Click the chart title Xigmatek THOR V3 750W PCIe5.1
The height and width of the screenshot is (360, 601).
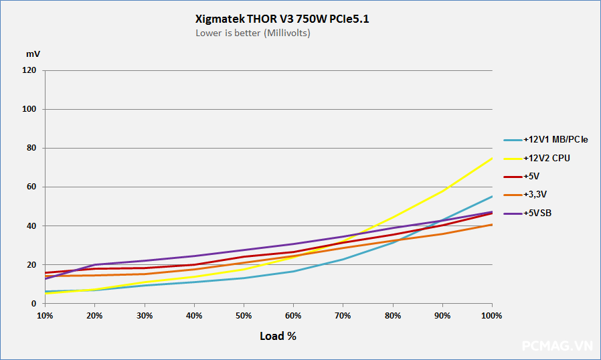click(x=282, y=19)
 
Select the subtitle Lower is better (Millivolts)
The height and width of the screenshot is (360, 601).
click(x=252, y=33)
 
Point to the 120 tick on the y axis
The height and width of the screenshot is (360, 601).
click(x=29, y=70)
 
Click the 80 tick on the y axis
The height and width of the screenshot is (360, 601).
click(x=31, y=148)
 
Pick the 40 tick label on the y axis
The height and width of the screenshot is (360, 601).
click(x=31, y=226)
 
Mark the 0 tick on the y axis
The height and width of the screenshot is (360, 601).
click(x=33, y=304)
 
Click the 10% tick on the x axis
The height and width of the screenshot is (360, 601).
click(x=45, y=315)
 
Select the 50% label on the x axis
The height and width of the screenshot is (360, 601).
click(x=244, y=315)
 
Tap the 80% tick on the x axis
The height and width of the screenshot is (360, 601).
click(x=393, y=315)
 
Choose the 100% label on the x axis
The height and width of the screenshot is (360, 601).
click(x=492, y=315)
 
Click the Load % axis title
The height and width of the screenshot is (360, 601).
click(x=278, y=336)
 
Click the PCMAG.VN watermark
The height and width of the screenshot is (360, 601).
click(x=557, y=346)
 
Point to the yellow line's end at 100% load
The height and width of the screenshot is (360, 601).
click(x=492, y=158)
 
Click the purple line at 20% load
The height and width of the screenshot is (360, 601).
click(x=94, y=264)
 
